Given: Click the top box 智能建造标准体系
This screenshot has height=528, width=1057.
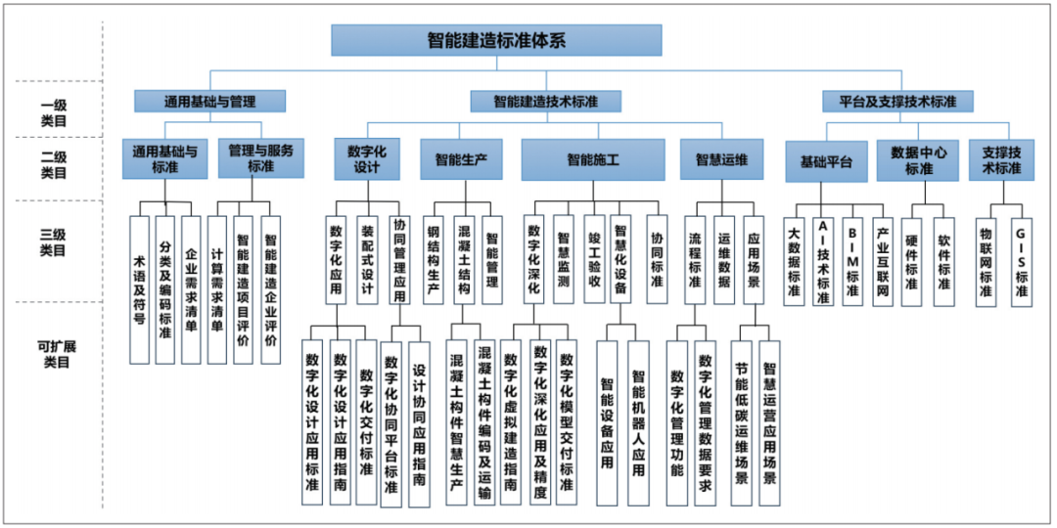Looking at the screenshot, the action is click(496, 40).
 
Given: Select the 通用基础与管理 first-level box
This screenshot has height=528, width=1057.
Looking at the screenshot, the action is click(209, 102).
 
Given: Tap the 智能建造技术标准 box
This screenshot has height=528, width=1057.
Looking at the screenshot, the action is click(545, 102).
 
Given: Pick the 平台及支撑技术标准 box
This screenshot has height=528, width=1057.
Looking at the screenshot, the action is click(897, 102).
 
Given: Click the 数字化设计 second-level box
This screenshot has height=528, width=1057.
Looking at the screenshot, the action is click(367, 159).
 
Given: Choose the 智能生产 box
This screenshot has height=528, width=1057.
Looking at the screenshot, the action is click(461, 159).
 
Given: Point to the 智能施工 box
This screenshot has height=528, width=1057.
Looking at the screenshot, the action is click(592, 159).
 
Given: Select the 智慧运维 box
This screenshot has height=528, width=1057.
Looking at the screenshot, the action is click(721, 159).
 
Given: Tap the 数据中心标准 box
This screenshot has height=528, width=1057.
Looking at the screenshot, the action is click(917, 161).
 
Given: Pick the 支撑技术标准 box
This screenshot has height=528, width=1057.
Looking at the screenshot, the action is click(1001, 160).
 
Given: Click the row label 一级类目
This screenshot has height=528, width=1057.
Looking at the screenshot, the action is click(53, 112).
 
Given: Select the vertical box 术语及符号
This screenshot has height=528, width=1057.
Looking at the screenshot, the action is click(140, 290).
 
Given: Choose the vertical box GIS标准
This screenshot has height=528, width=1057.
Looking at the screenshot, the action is click(1022, 262).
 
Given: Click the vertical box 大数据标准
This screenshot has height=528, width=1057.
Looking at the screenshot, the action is click(794, 261).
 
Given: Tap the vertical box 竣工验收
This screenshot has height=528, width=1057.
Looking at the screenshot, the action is click(594, 259).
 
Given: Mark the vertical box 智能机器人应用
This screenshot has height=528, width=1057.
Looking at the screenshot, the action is click(638, 423).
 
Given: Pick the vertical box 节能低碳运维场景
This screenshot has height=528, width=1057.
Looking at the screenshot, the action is click(742, 423).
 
